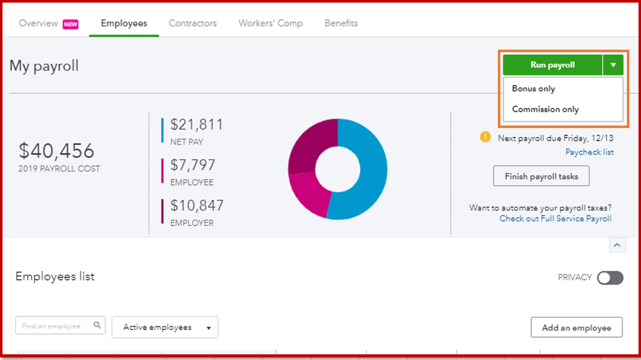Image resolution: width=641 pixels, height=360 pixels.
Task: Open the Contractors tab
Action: [192, 24]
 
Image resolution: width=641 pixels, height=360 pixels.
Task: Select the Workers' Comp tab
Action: [270, 24]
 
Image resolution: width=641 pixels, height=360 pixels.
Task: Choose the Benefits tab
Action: [341, 24]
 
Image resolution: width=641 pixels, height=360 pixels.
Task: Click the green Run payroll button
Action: [552, 65]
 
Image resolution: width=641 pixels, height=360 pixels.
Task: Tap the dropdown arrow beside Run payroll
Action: [613, 65]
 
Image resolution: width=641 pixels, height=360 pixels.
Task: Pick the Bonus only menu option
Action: [534, 89]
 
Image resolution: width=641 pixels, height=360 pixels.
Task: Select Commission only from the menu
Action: [545, 109]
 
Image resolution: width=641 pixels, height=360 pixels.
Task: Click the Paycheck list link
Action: [589, 152]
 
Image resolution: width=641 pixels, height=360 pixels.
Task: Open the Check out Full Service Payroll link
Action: [555, 219]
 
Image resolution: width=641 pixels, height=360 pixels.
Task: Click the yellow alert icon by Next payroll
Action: [485, 137]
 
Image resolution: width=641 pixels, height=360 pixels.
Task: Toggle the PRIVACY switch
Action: [610, 278]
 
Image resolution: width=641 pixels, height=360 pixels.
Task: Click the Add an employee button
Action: [576, 327]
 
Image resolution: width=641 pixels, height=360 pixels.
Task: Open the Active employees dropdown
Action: [165, 327]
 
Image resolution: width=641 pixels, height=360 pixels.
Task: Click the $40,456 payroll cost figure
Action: [56, 151]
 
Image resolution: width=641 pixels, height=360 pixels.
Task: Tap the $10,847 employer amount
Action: [197, 206]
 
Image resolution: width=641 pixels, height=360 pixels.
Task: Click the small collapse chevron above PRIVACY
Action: [617, 245]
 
